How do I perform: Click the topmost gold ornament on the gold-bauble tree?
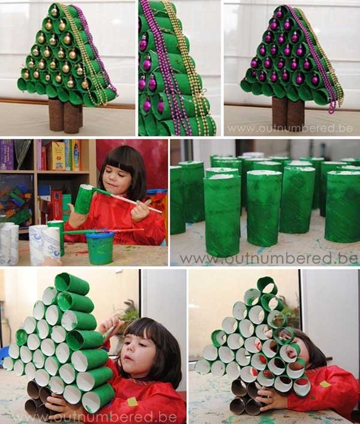point(54,11)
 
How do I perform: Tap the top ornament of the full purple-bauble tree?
point(280,13)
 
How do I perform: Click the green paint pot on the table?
point(100,248)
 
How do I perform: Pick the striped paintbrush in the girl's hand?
point(127,200)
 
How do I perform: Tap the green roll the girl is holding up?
point(83,199)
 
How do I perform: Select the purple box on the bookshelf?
point(7,155)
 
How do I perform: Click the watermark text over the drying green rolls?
point(269,259)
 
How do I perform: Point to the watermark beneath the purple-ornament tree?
point(290,129)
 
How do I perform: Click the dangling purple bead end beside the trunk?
point(332,107)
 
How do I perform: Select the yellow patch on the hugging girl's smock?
point(325,384)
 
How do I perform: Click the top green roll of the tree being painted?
point(72,284)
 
